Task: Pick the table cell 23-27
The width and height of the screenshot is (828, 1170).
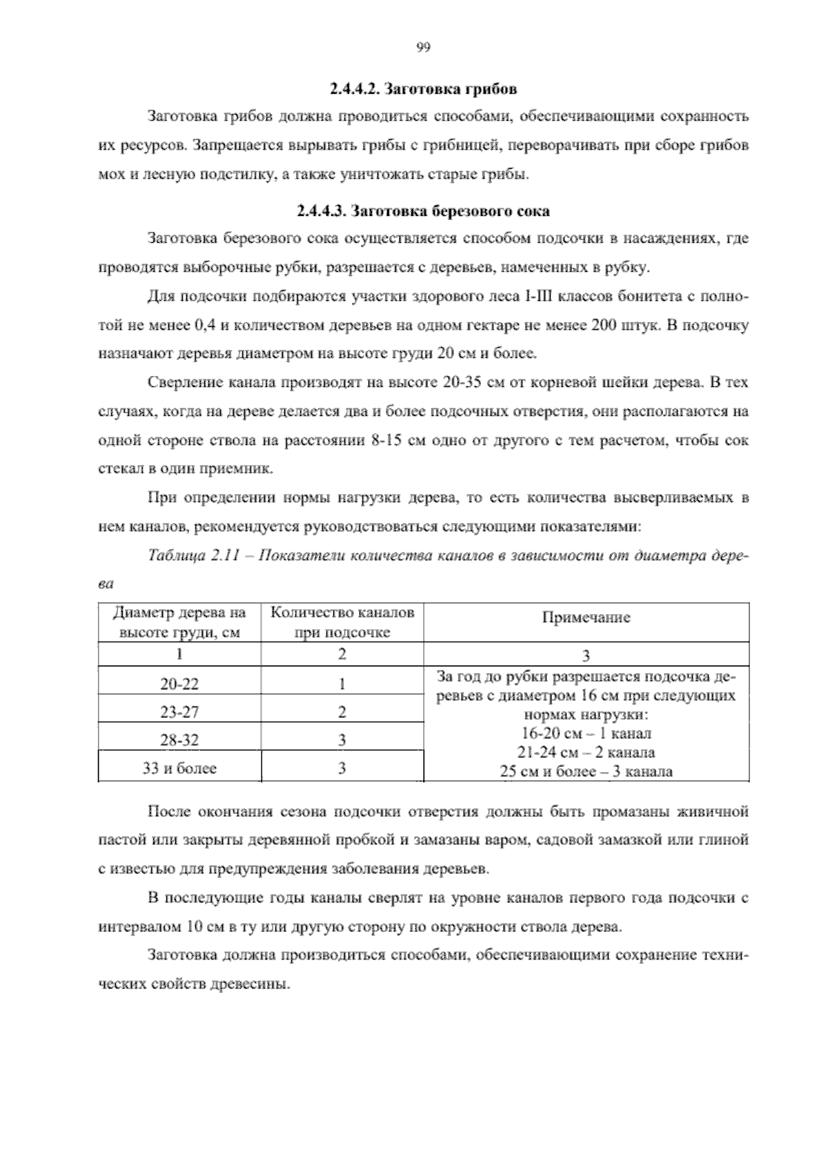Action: click(x=179, y=712)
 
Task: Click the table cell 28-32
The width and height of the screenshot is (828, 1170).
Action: click(x=179, y=740)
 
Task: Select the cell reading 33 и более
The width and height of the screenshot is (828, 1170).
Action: click(x=179, y=769)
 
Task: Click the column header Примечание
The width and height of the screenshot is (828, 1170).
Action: click(x=586, y=617)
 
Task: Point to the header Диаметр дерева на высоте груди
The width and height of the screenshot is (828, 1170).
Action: click(x=179, y=622)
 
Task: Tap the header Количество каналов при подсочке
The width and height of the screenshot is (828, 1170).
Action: click(x=342, y=622)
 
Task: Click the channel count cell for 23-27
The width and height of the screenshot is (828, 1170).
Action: click(x=342, y=712)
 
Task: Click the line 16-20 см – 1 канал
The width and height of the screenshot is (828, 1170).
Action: click(x=586, y=733)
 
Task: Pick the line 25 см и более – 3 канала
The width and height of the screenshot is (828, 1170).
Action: click(x=586, y=771)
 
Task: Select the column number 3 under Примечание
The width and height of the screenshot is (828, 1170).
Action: click(x=586, y=655)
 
